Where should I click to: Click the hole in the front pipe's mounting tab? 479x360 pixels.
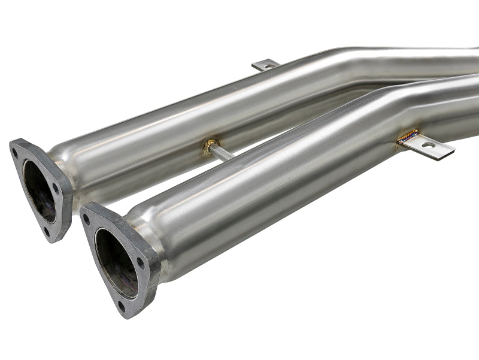tap(428, 145)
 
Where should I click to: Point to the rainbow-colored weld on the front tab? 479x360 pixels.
tap(407, 137)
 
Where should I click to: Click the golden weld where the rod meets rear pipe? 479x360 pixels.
tap(210, 146)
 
